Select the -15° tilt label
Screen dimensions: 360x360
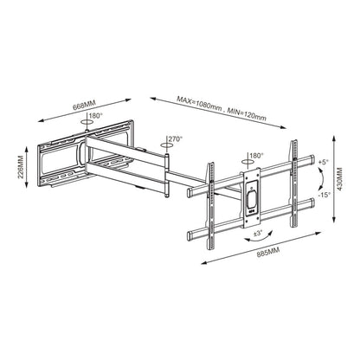pyautogui.click(x=324, y=194)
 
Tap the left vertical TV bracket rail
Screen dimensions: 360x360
pyautogui.click(x=208, y=204)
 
